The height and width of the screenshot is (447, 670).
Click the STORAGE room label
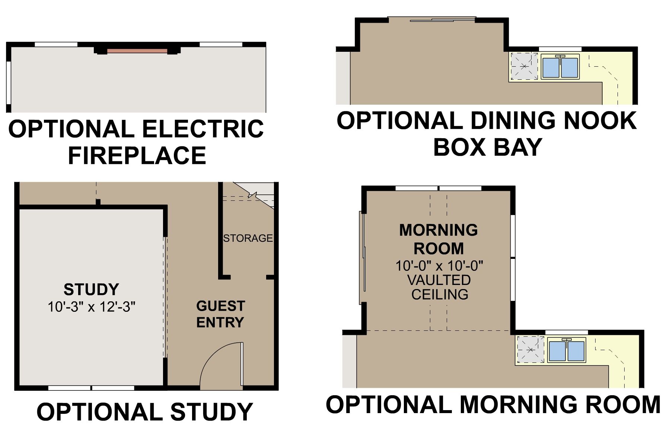248,238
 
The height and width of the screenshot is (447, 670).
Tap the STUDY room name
91,289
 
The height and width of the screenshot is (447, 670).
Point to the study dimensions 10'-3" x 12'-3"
91,307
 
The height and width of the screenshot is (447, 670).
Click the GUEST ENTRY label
220,314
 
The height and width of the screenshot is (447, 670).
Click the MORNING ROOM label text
439,239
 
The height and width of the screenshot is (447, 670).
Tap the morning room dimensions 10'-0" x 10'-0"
439,266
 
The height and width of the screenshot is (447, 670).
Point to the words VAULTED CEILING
440,287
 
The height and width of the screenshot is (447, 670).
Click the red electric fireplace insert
137,51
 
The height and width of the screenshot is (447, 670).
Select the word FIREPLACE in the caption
137,155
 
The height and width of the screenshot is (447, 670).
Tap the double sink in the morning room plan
567,351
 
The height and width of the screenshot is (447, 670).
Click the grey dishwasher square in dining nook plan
524,66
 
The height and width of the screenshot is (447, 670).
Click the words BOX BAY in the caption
488,147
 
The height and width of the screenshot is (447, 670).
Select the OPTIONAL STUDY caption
145,412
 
